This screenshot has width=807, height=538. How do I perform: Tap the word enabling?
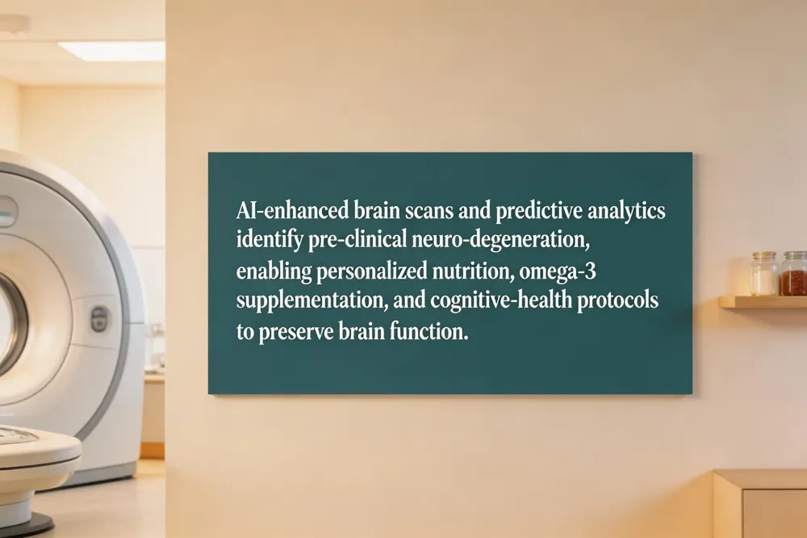click(274, 271)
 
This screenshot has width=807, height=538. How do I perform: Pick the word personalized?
click(371, 271)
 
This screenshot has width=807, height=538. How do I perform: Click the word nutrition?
click(473, 271)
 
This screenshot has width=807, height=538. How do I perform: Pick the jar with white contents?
click(763, 274)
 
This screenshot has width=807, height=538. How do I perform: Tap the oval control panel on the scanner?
click(99, 318)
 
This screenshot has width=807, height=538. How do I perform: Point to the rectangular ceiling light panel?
click(112, 52)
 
